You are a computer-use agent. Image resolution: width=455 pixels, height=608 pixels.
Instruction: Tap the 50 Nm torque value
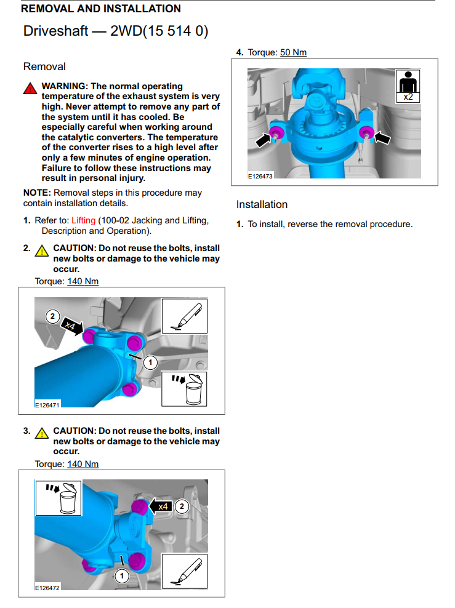coord(293,52)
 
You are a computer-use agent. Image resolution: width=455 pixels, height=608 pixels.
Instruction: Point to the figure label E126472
coord(47,588)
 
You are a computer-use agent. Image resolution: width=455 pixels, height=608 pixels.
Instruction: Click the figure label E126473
coord(260,176)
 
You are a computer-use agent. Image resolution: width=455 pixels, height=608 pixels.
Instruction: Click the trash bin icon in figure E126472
coord(58,498)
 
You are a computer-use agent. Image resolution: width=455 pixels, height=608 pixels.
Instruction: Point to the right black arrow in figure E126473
coord(383,139)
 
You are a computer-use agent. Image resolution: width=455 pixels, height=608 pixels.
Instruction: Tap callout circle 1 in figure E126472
coord(122,575)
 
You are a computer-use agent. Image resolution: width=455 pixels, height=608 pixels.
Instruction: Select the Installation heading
coord(262,204)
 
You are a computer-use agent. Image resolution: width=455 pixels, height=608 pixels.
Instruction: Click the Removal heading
coord(44,66)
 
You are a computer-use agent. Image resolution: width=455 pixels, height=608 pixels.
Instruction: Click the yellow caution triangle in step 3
coord(42,433)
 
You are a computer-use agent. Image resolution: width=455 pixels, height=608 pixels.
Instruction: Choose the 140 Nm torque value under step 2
coord(83,281)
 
